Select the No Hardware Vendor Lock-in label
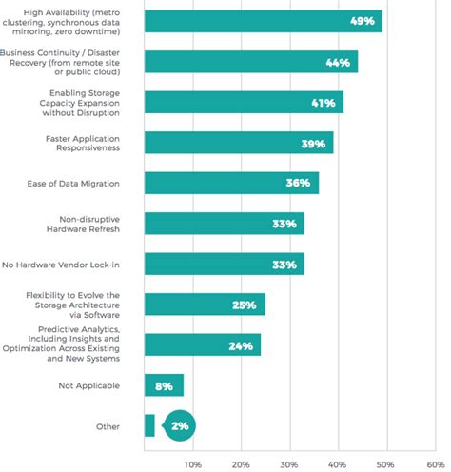73,264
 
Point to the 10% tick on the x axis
192,463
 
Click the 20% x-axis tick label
241,463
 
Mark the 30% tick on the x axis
288,463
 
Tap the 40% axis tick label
337,463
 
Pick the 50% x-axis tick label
384,463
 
